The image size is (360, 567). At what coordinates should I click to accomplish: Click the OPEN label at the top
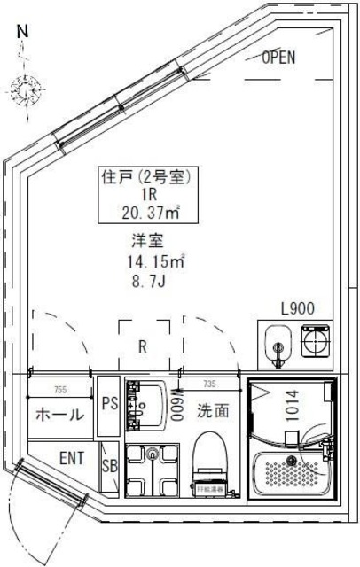pyautogui.click(x=278, y=58)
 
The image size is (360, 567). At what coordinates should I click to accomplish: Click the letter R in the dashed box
pyautogui.click(x=142, y=346)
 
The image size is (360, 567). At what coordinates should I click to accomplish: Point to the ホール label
pyautogui.click(x=59, y=415)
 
